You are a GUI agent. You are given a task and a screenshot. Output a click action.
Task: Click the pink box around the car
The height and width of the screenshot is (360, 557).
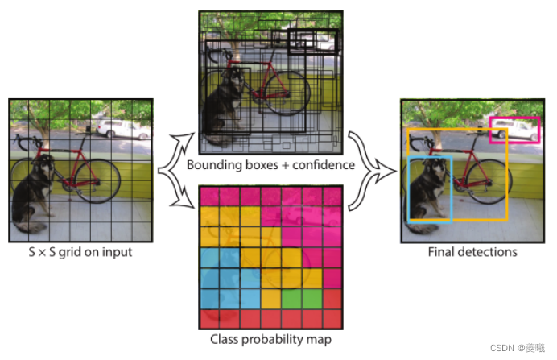click(514, 118)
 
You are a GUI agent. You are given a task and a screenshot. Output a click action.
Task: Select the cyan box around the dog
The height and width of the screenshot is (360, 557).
click(409, 190)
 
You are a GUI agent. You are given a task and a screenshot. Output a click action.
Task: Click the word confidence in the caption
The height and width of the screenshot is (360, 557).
click(322, 166)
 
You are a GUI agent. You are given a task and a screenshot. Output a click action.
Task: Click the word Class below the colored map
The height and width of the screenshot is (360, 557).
click(225, 340)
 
